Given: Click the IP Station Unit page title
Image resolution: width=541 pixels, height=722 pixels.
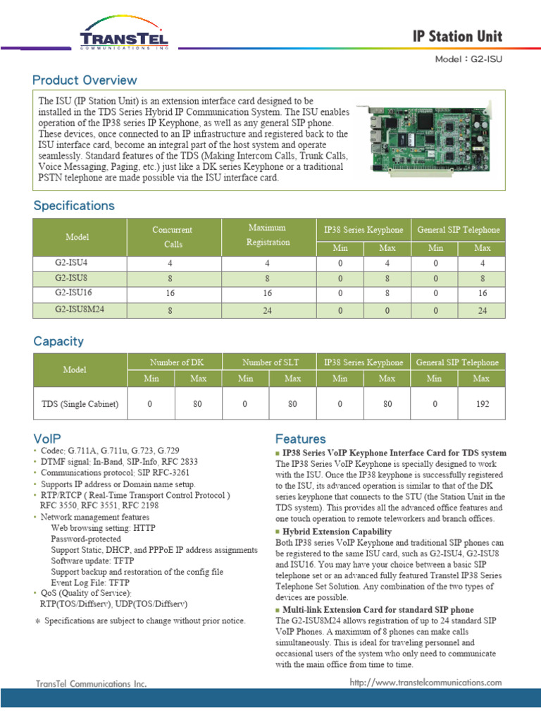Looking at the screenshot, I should point(458,37).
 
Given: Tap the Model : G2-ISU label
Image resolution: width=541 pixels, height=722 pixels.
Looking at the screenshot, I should point(468,59).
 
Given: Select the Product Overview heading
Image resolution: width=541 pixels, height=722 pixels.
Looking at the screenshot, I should point(85,80).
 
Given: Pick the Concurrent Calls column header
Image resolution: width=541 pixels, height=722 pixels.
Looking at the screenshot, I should point(172,237).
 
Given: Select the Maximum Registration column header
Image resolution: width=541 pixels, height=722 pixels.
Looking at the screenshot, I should point(268,235).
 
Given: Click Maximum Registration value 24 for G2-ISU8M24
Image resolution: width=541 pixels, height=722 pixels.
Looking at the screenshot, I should point(268,310).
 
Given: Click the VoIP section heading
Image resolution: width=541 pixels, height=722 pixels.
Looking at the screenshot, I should point(49,437).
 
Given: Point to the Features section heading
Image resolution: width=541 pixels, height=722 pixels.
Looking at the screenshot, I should point(301,439).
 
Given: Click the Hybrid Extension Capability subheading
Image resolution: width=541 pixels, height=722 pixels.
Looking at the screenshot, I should point(337,531).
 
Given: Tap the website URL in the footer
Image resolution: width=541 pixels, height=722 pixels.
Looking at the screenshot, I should point(425,682).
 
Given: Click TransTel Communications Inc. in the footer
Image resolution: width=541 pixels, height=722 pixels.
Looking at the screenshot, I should point(92,683).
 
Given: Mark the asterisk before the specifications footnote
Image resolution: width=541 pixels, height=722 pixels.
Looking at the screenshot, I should point(38,621).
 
